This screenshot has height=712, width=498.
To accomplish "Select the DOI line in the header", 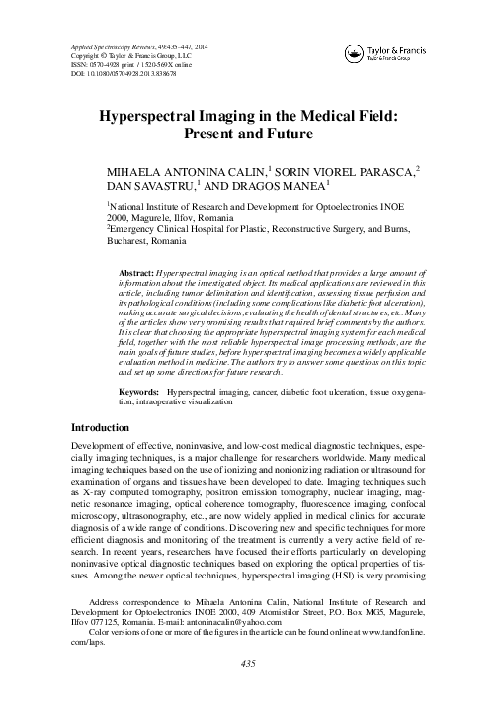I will coord(124,73).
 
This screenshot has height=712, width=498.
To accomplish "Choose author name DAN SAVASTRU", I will coord(148,186).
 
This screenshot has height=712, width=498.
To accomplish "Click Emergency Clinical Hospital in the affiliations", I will coord(169,229).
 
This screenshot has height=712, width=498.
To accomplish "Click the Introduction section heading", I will coord(105,457).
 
